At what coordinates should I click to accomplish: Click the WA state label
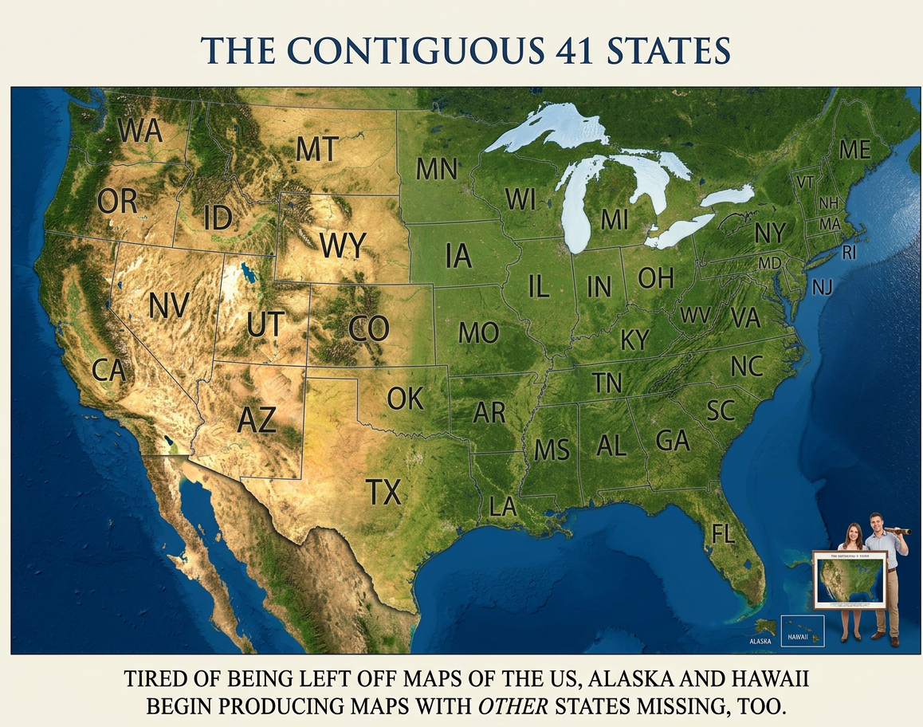click(x=142, y=131)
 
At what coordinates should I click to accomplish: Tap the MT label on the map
click(x=317, y=149)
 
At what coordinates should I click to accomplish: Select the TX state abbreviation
click(x=383, y=493)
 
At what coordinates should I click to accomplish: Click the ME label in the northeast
click(x=854, y=149)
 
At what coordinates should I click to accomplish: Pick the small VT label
click(x=805, y=183)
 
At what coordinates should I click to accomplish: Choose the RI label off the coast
click(x=849, y=253)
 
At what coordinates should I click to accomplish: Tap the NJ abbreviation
click(x=822, y=287)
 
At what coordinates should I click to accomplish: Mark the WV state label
click(x=695, y=315)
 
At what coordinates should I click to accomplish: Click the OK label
click(x=405, y=398)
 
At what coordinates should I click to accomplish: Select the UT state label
click(x=265, y=324)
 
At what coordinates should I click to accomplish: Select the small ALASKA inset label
click(x=761, y=640)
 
